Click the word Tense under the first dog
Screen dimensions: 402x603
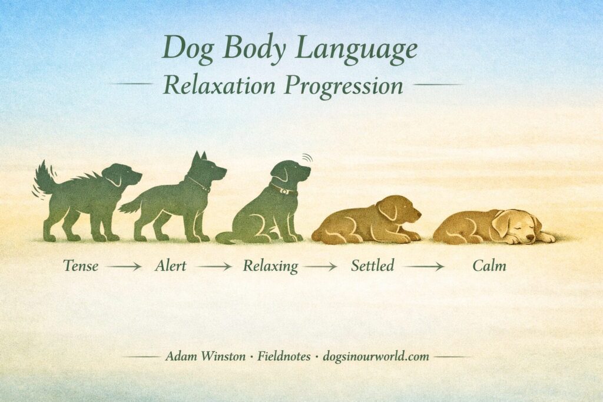(81, 265)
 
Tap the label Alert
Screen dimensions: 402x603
(170, 265)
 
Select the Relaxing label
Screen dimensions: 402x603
(270, 266)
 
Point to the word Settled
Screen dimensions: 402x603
(372, 265)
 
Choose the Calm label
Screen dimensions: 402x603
(489, 266)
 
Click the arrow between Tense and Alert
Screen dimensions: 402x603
(124, 266)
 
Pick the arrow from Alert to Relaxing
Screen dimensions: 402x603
(214, 266)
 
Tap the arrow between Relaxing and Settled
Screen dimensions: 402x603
(320, 266)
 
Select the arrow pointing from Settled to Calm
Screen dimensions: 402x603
(423, 266)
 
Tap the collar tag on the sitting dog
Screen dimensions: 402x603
(284, 191)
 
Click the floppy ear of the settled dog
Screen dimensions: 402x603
(388, 209)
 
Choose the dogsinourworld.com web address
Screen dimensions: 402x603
(376, 356)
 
